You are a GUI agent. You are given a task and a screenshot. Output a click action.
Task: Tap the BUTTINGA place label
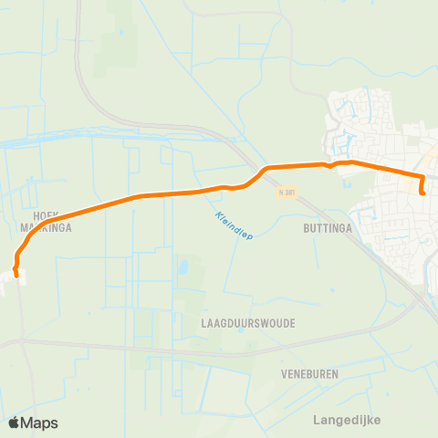[328, 230]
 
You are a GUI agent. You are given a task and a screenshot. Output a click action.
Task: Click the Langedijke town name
[346, 420]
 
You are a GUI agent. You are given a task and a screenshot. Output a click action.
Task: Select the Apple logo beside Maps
[15, 422]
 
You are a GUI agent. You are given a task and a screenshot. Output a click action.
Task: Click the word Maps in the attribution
[40, 423]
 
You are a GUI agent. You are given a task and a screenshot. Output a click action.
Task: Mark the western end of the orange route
[16, 271]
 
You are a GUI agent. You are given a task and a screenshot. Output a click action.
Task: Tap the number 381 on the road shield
[290, 193]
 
